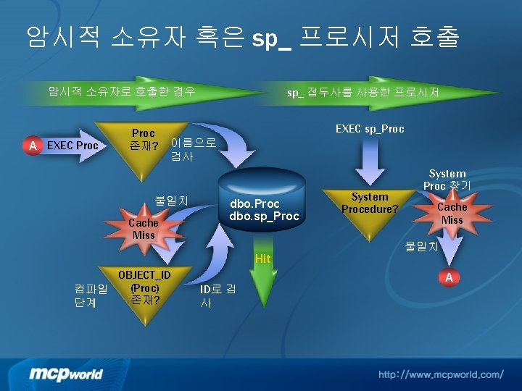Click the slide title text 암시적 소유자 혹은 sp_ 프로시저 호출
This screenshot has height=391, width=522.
[242, 36]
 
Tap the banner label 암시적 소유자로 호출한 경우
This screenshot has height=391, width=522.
[121, 91]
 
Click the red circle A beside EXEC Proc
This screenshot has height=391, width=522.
[32, 146]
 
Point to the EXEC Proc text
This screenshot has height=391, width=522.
[72, 146]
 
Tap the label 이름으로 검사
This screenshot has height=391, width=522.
[191, 148]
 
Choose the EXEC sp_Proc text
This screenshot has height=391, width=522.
[370, 129]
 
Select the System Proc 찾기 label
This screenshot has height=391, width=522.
[447, 179]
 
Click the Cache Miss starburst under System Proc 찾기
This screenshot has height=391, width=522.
[452, 213]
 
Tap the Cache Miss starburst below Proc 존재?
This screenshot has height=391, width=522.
[144, 229]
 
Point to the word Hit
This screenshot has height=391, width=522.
[262, 258]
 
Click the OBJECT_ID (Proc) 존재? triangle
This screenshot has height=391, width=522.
[144, 290]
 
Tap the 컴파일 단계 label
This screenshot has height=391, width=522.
[91, 295]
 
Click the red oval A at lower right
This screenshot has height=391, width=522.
[449, 278]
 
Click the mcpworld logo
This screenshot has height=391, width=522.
[66, 374]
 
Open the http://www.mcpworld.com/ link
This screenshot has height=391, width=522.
[440, 374]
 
